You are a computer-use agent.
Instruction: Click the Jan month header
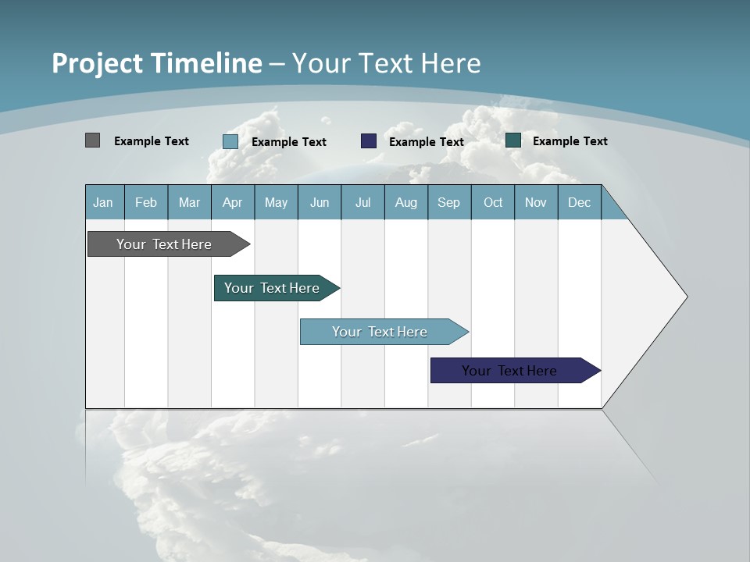click(x=104, y=202)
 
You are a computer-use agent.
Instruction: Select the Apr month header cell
click(x=233, y=202)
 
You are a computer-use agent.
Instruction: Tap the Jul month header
click(x=362, y=202)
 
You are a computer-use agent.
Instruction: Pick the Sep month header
click(x=448, y=202)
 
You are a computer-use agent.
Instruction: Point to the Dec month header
click(x=579, y=202)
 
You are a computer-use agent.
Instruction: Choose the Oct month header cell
click(x=493, y=202)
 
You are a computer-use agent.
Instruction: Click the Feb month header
click(x=146, y=202)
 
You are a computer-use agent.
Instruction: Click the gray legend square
click(x=92, y=140)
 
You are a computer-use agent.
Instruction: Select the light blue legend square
click(x=230, y=141)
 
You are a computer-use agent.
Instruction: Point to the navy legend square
click(x=369, y=141)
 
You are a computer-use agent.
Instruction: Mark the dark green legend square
click(x=513, y=140)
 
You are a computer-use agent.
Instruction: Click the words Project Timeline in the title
click(x=156, y=63)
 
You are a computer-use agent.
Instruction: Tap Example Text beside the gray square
click(x=152, y=141)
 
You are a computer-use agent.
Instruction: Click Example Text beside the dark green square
click(x=570, y=141)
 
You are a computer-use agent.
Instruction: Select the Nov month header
click(x=536, y=202)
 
